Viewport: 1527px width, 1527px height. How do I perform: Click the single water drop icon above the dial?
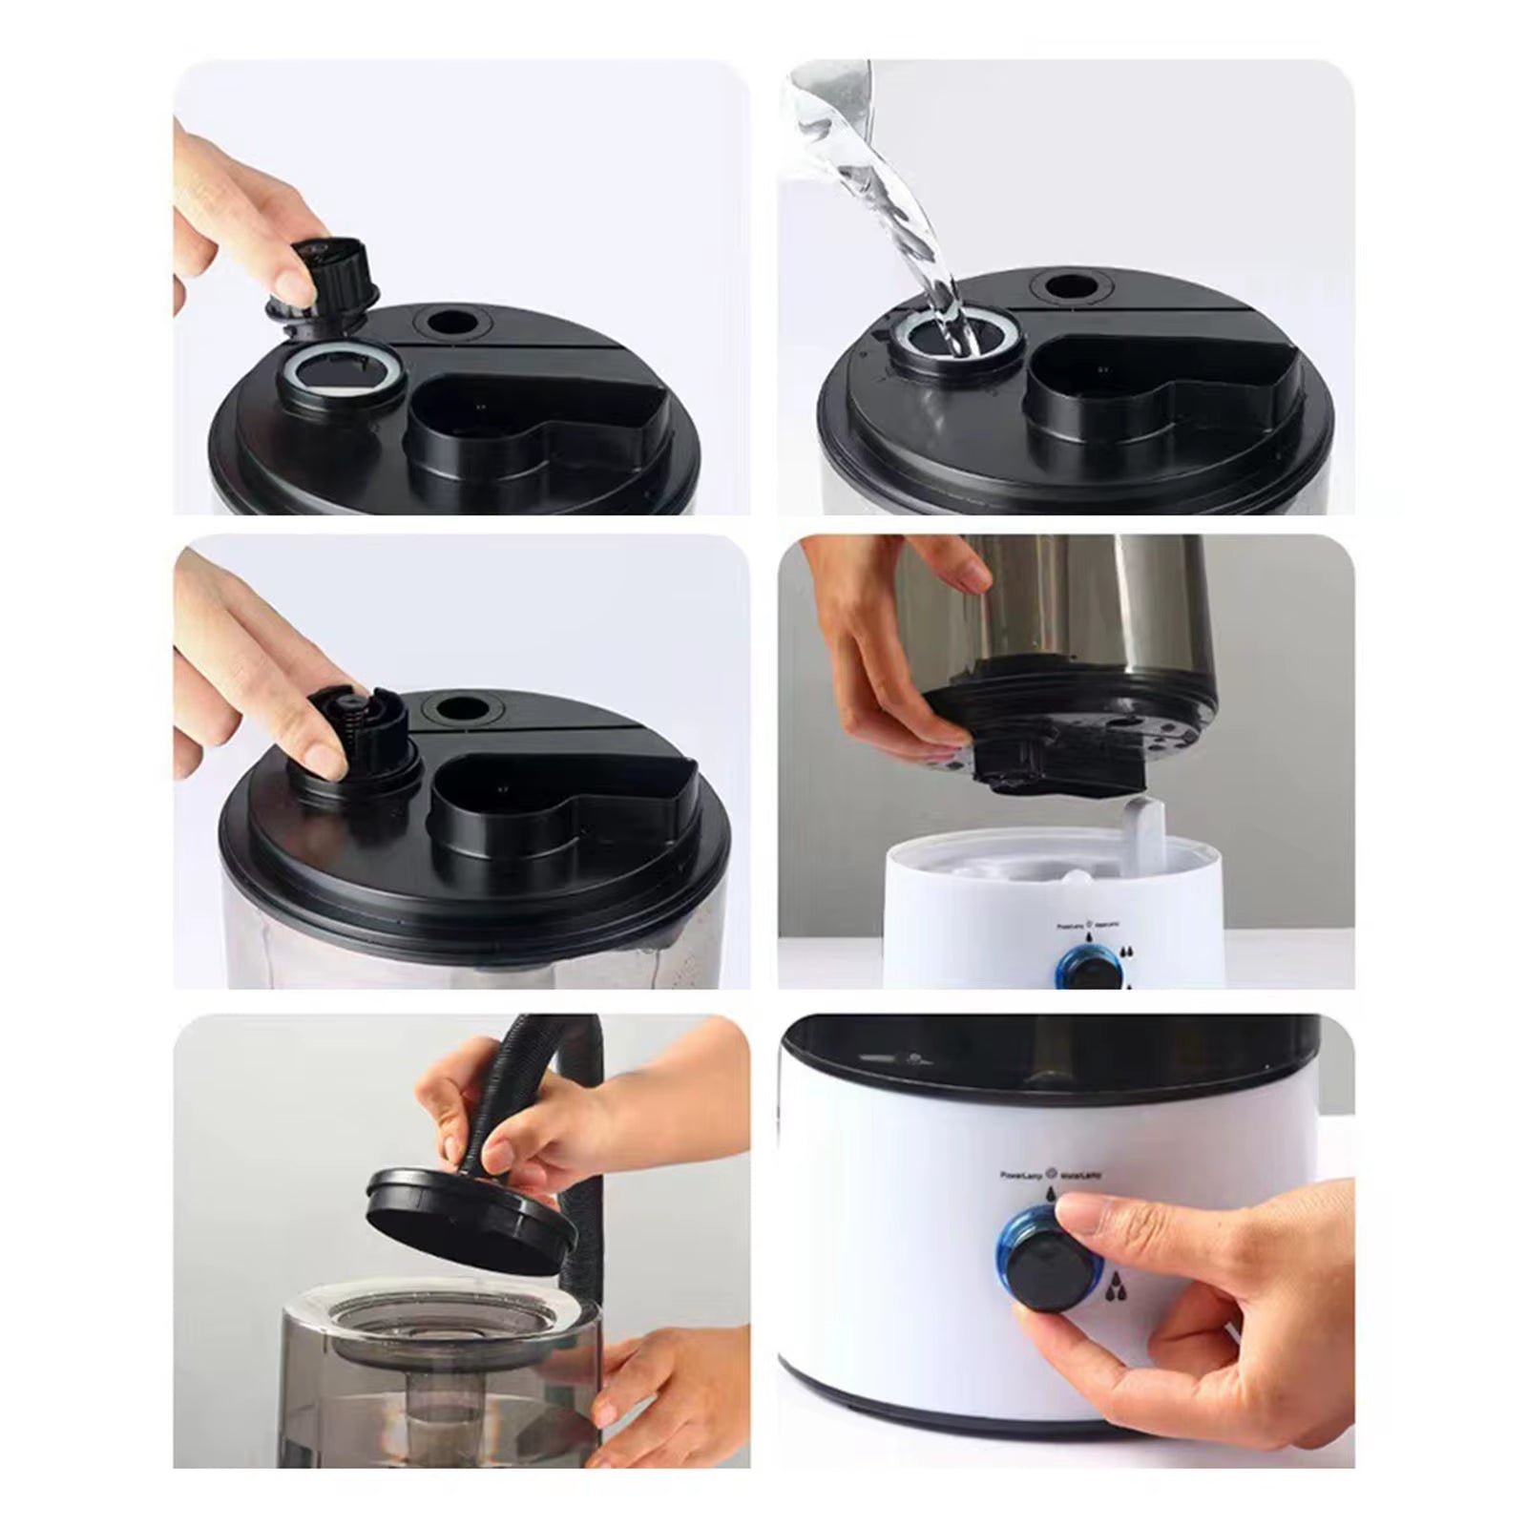pyautogui.click(x=1052, y=1193)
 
